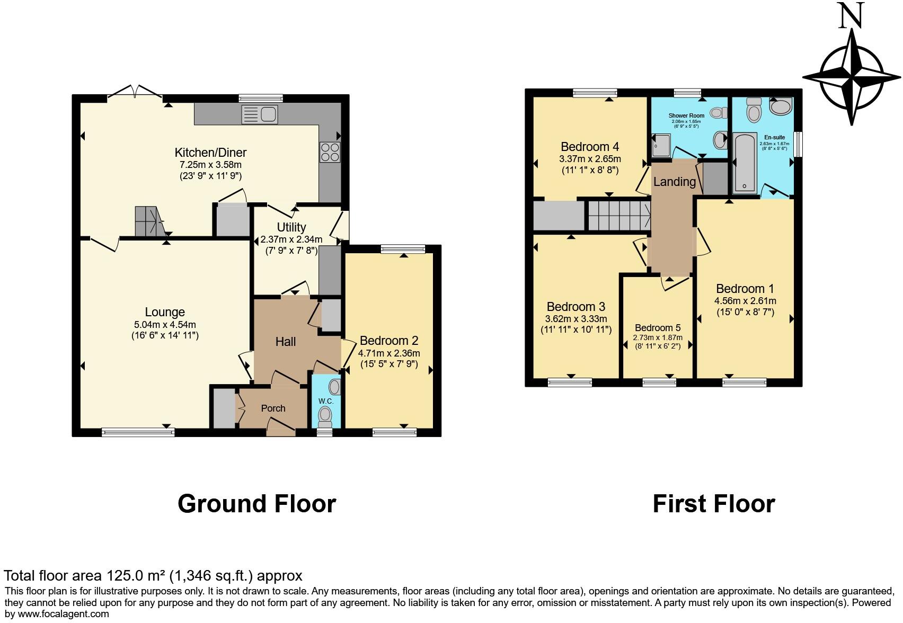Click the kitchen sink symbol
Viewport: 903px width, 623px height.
(259, 113)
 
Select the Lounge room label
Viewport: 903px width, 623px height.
(165, 312)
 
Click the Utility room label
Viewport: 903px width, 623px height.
(291, 227)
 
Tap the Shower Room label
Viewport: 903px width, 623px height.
(686, 115)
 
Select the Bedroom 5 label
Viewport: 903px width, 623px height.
(658, 328)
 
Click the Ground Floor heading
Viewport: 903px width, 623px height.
(256, 503)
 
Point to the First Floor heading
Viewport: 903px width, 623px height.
(713, 503)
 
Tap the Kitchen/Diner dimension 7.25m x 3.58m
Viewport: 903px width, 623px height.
(210, 165)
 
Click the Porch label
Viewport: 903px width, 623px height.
(273, 408)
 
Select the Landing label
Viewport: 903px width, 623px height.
(674, 182)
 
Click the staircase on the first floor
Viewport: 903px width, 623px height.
(619, 215)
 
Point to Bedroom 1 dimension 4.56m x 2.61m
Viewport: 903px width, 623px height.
(745, 301)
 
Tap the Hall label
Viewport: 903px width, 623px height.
(285, 342)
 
